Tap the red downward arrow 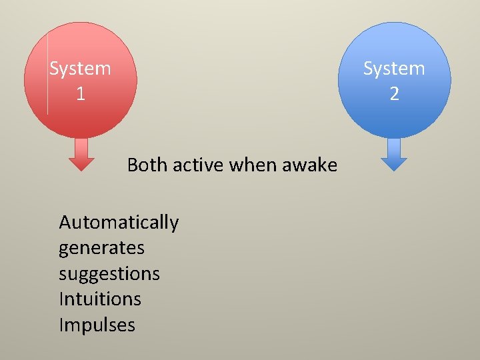click(82, 155)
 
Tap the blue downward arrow click(394, 155)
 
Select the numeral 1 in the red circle click(80, 94)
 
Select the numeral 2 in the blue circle click(394, 94)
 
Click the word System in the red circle click(81, 69)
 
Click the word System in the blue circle click(394, 69)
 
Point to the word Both click(147, 165)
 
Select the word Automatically click(119, 223)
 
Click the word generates click(101, 248)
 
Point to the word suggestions click(109, 274)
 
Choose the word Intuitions click(100, 299)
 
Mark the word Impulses click(97, 325)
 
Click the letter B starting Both click(133, 165)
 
